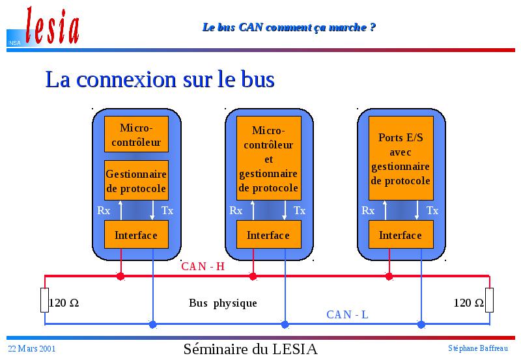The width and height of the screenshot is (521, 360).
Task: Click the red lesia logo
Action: click(53, 26)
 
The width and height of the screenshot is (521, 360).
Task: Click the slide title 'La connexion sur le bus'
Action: click(160, 79)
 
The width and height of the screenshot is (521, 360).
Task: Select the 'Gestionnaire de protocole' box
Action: click(136, 181)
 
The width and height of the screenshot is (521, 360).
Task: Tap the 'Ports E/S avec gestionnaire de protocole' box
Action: click(401, 158)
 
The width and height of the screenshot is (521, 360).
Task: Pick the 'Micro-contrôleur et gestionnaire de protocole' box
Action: click(268, 158)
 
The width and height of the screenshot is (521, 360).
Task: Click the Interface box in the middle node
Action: click(268, 234)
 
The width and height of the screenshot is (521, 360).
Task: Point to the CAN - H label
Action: click(203, 266)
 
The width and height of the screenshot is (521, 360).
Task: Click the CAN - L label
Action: click(347, 314)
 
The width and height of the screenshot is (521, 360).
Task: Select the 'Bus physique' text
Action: click(223, 303)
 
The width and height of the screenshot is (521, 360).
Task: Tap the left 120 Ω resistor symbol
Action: click(44, 300)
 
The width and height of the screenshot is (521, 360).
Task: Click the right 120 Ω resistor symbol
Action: click(489, 300)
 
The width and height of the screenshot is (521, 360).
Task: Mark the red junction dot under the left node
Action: click(120, 276)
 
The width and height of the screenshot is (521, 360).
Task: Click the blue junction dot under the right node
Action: click(421, 324)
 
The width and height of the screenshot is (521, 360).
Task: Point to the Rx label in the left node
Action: click(104, 210)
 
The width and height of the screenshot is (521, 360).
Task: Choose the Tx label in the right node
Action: click(432, 210)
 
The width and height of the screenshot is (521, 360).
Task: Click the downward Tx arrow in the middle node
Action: click(285, 210)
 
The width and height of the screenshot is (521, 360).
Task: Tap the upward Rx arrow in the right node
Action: click(385, 210)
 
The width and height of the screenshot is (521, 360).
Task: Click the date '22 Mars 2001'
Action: click(31, 348)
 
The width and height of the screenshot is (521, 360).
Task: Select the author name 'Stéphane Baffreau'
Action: click(478, 348)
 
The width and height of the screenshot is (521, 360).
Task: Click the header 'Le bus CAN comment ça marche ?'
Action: click(289, 27)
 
